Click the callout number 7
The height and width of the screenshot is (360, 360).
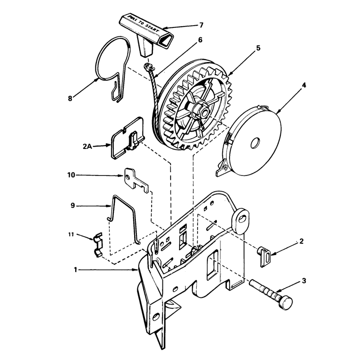(201, 25)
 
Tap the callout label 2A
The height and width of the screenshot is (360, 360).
(87, 146)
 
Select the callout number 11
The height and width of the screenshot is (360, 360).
(71, 234)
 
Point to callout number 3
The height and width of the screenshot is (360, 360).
(304, 280)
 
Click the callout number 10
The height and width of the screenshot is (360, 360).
(71, 175)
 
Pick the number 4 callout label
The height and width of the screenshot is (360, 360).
(304, 85)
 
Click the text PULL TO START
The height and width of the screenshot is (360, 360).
(144, 24)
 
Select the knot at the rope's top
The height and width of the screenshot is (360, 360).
(147, 67)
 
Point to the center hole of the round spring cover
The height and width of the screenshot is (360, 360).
(255, 144)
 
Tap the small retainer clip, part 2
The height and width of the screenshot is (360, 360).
(265, 256)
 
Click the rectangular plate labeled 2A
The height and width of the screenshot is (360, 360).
(127, 139)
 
